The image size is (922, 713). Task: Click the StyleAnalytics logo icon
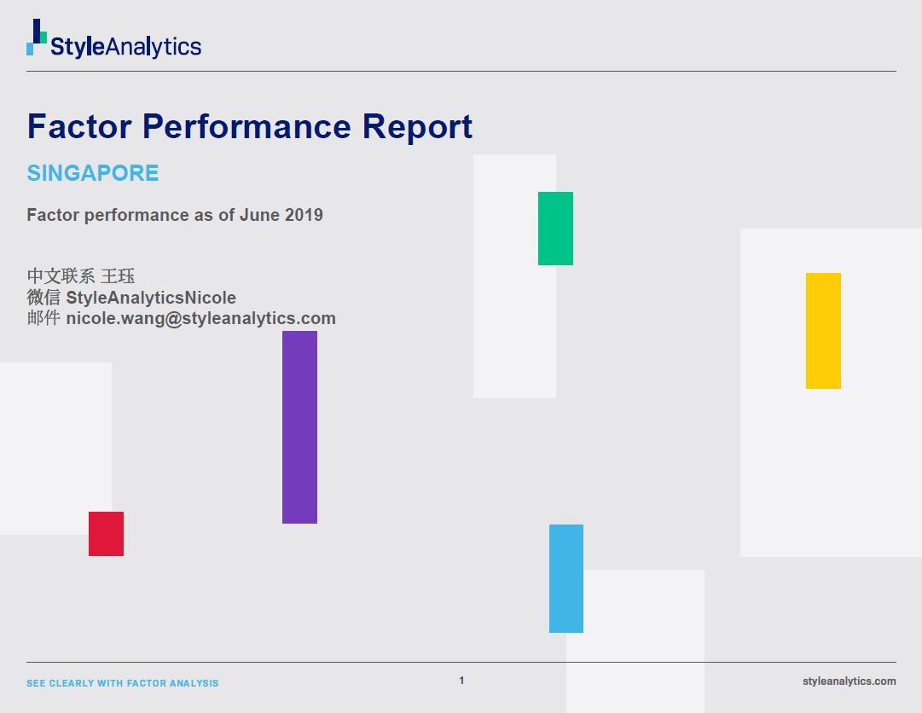pyautogui.click(x=37, y=37)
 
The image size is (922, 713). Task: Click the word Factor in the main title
pyautogui.click(x=79, y=126)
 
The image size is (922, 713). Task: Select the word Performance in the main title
pyautogui.click(x=247, y=126)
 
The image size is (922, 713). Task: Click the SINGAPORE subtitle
pyautogui.click(x=93, y=173)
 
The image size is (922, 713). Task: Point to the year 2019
pyautogui.click(x=304, y=215)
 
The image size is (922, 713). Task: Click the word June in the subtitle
pyautogui.click(x=259, y=215)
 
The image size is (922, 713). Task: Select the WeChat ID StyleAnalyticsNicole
pyautogui.click(x=151, y=298)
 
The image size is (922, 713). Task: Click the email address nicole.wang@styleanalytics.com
pyautogui.click(x=201, y=318)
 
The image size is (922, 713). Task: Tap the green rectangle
pyautogui.click(x=555, y=228)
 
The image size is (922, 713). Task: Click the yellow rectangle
pyautogui.click(x=823, y=330)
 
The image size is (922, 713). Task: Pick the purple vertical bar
pyautogui.click(x=300, y=427)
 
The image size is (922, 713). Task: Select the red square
pyautogui.click(x=107, y=534)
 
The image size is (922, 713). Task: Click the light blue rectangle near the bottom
pyautogui.click(x=566, y=578)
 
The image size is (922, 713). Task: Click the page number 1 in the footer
pyautogui.click(x=461, y=681)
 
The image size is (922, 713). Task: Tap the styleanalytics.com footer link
pyautogui.click(x=850, y=681)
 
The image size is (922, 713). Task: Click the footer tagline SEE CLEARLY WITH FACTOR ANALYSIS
pyautogui.click(x=122, y=683)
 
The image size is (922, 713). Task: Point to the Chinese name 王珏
pyautogui.click(x=118, y=276)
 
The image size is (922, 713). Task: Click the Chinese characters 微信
pyautogui.click(x=43, y=298)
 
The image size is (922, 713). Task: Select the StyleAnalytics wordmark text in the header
pyautogui.click(x=126, y=46)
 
